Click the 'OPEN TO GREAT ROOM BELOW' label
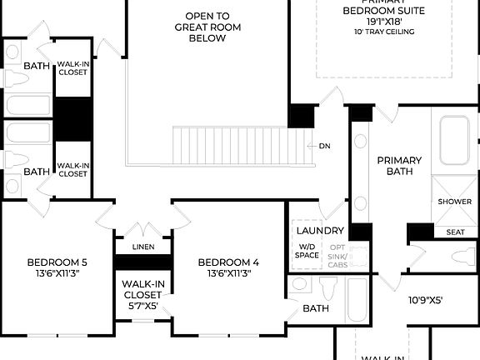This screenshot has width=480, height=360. point(208,27)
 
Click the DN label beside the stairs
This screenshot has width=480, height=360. point(325,146)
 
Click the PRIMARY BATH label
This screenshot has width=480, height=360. point(399,166)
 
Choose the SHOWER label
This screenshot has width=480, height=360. point(454,202)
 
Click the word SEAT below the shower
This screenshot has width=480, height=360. point(455,232)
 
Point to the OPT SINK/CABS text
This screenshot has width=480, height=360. point(337,255)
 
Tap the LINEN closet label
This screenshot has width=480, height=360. point(142,247)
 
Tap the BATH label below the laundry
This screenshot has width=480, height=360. point(316,308)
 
